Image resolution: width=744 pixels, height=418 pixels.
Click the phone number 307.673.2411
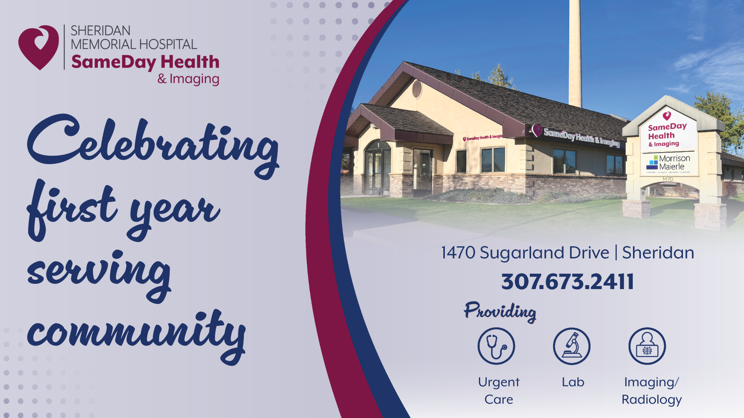pos(568,281)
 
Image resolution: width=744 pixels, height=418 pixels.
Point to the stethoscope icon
pos(496,346)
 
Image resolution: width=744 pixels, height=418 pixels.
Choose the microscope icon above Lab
pos(572,346)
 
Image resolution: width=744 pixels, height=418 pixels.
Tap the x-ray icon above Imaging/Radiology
pos(647,346)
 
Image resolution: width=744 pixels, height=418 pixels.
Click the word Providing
pos(500,312)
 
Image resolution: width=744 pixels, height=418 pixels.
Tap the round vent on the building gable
pos(417,89)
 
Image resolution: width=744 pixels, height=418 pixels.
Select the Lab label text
pos(573,382)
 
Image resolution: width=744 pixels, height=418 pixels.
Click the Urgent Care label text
pos(499,391)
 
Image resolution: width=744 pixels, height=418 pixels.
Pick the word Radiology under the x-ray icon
pos(652,400)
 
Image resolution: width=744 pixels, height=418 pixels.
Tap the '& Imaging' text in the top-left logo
pos(188,79)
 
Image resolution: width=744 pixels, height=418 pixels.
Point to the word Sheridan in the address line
pos(658,253)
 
